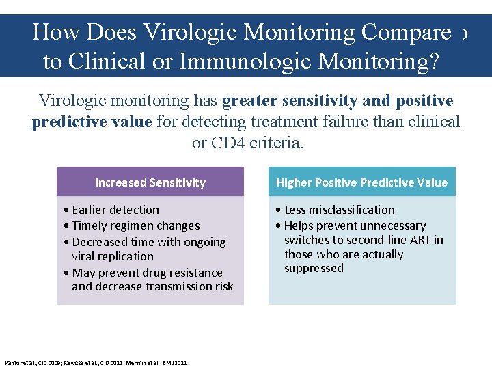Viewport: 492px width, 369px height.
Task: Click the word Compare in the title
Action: pos(406,32)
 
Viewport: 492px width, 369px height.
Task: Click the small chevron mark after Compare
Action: pos(465,33)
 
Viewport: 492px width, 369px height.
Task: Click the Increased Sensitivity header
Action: pos(150,182)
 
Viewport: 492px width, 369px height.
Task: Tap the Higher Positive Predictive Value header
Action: pos(361,182)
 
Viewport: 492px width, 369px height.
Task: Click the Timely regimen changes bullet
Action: pos(135,225)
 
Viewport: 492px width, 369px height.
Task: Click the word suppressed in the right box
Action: pos(314,269)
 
